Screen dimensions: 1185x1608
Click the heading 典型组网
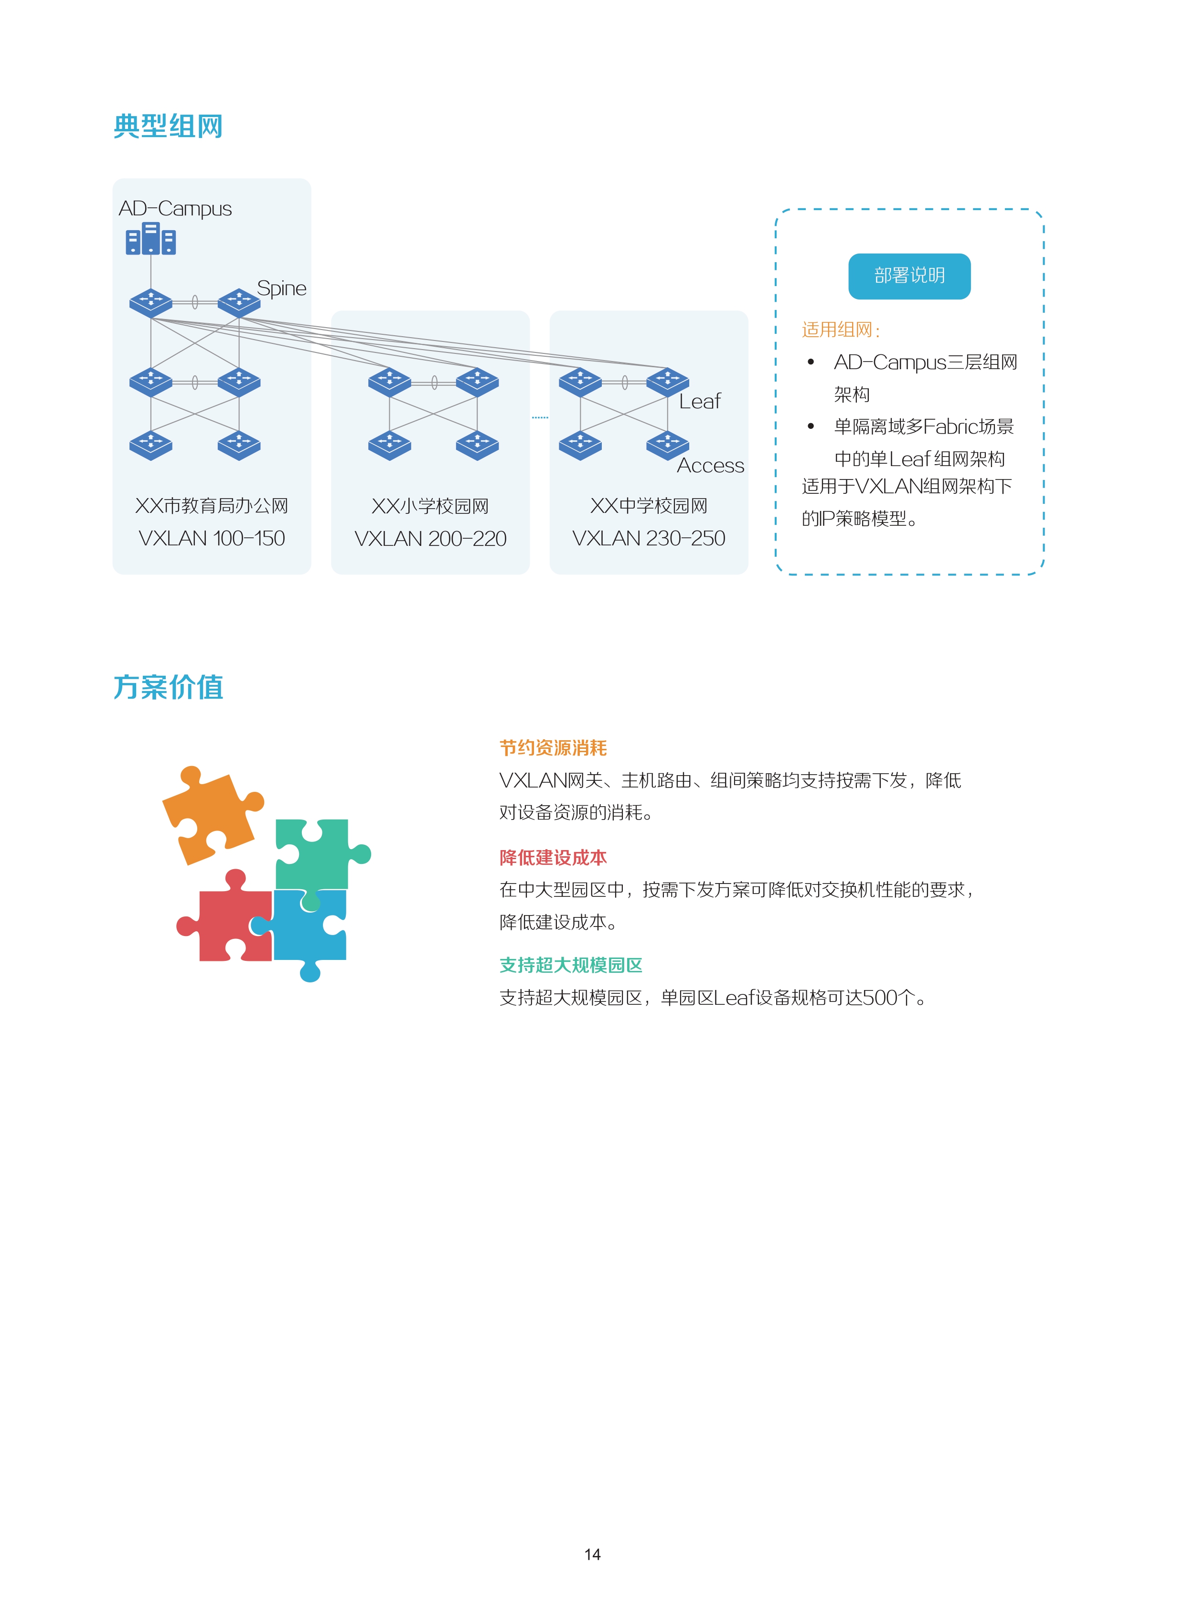tap(168, 126)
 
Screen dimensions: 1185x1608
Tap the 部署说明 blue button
tap(909, 276)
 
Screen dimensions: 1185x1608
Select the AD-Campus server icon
tap(150, 239)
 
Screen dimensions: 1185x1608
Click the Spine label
tap(281, 288)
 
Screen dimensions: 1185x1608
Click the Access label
tap(710, 466)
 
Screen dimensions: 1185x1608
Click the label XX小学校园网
tap(430, 506)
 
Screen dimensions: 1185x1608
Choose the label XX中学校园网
tap(649, 506)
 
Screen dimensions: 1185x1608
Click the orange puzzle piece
tap(213, 815)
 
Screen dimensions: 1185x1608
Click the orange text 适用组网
tap(839, 330)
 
